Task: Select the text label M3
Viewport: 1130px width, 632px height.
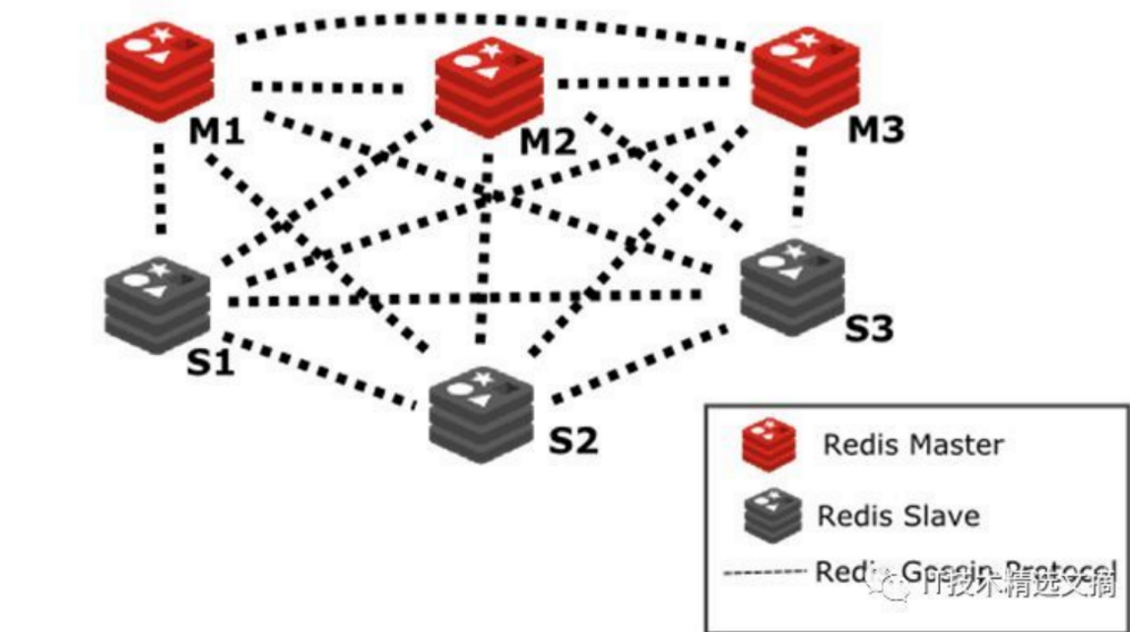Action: pyautogui.click(x=876, y=129)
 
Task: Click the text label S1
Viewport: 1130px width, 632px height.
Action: pyautogui.click(x=210, y=362)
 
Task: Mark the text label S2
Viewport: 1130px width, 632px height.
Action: pyautogui.click(x=572, y=440)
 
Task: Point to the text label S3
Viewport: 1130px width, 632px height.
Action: pyautogui.click(x=868, y=327)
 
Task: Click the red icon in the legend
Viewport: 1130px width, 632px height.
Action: pyautogui.click(x=767, y=443)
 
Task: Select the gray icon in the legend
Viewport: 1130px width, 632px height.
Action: pyautogui.click(x=766, y=513)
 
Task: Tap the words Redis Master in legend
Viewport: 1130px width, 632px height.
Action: pyautogui.click(x=912, y=445)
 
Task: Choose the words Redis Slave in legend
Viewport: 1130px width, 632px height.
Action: pyautogui.click(x=897, y=515)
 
